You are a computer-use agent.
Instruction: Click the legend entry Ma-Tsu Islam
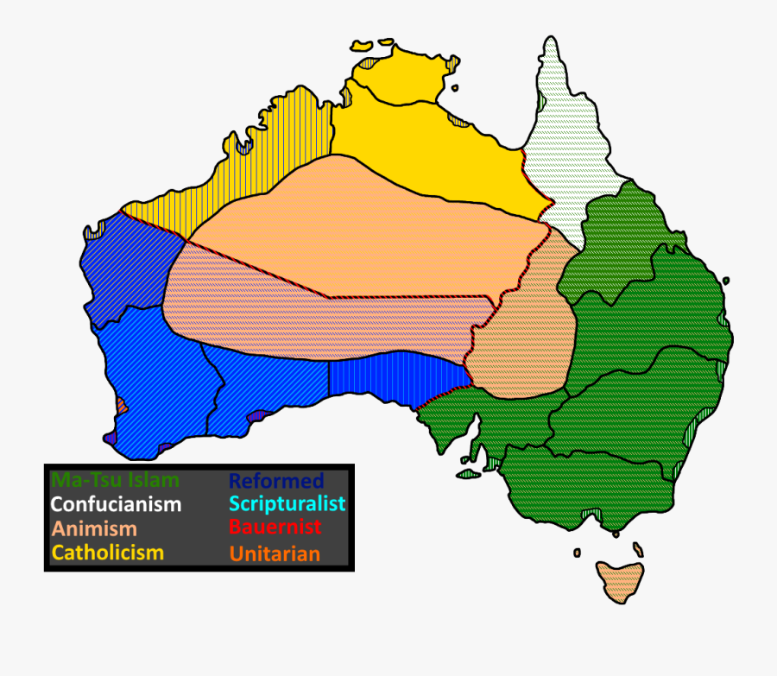coord(116,480)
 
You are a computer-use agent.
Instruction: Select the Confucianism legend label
coord(116,504)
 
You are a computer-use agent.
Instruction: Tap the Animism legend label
coord(94,528)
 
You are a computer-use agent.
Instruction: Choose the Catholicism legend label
coord(108,552)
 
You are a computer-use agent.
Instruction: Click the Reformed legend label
coord(276,481)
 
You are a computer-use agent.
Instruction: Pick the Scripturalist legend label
coord(287,503)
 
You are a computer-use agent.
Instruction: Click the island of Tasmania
coord(621,580)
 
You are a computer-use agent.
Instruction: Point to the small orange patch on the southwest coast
coord(122,404)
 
